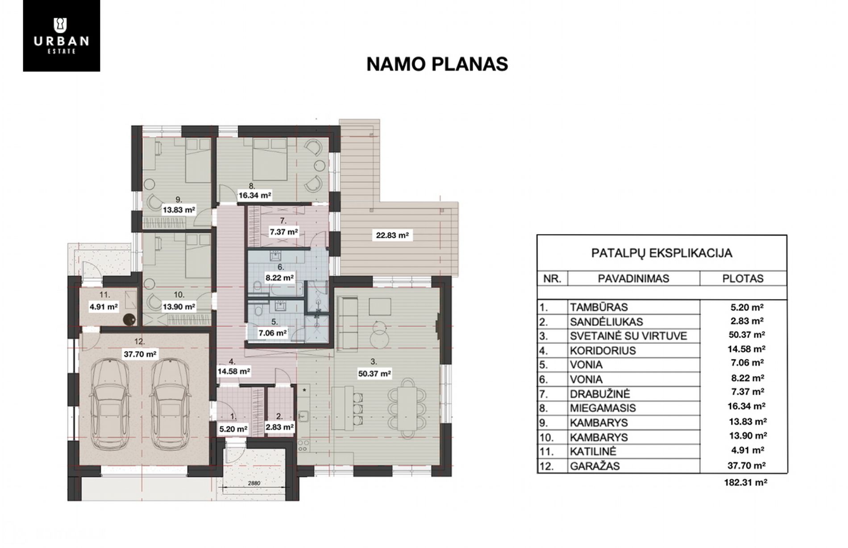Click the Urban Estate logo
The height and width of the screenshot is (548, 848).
pyautogui.click(x=62, y=36)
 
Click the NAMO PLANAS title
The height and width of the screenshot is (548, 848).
pyautogui.click(x=437, y=64)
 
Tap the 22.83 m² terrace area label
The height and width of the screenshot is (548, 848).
pyautogui.click(x=392, y=235)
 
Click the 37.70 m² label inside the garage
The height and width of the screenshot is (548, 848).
pyautogui.click(x=140, y=354)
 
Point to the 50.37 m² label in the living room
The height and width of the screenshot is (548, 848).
pyautogui.click(x=375, y=374)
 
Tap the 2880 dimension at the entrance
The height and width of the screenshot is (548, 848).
pyautogui.click(x=254, y=483)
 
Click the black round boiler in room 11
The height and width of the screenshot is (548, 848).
pyautogui.click(x=129, y=320)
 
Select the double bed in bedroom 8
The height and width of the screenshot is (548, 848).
pyautogui.click(x=269, y=158)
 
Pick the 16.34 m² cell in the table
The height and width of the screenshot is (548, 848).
pyautogui.click(x=747, y=407)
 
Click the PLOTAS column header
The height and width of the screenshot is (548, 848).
pyautogui.click(x=743, y=278)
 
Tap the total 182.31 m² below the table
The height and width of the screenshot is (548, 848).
pyautogui.click(x=745, y=482)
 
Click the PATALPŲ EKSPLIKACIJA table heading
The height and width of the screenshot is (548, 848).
pyautogui.click(x=661, y=253)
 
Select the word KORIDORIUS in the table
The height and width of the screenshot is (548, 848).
pyautogui.click(x=603, y=350)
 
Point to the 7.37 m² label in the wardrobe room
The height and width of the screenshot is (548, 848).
pyautogui.click(x=284, y=232)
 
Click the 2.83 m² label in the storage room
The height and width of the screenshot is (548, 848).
pyautogui.click(x=279, y=427)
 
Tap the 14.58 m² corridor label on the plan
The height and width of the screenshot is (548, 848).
pyautogui.click(x=234, y=371)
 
